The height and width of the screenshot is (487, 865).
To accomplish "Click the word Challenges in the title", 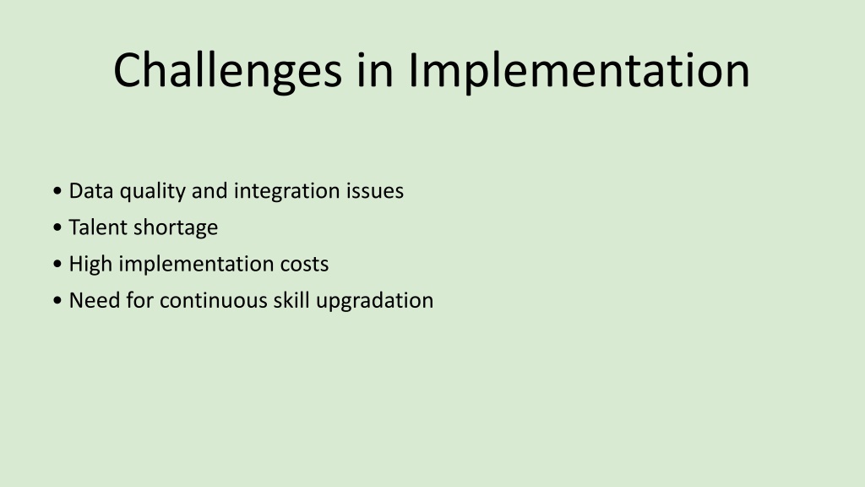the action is pyautogui.click(x=228, y=70).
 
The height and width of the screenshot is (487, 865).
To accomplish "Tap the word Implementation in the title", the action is pyautogui.click(x=579, y=70).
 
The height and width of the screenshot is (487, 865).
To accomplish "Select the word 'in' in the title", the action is pyautogui.click(x=375, y=70).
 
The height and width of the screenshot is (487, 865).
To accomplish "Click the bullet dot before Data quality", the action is pyautogui.click(x=57, y=191).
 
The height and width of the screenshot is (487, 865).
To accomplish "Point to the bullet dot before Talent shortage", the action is pyautogui.click(x=57, y=227).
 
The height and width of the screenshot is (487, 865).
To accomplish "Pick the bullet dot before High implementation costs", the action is pyautogui.click(x=57, y=264).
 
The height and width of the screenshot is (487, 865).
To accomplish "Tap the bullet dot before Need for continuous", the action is pyautogui.click(x=57, y=301).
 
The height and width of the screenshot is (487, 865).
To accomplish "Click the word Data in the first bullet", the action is pyautogui.click(x=91, y=191).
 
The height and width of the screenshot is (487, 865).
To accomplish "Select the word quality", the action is pyautogui.click(x=153, y=192).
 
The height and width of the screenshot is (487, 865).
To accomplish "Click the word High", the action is pyautogui.click(x=91, y=265).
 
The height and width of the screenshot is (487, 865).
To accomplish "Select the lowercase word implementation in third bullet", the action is pyautogui.click(x=197, y=265).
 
